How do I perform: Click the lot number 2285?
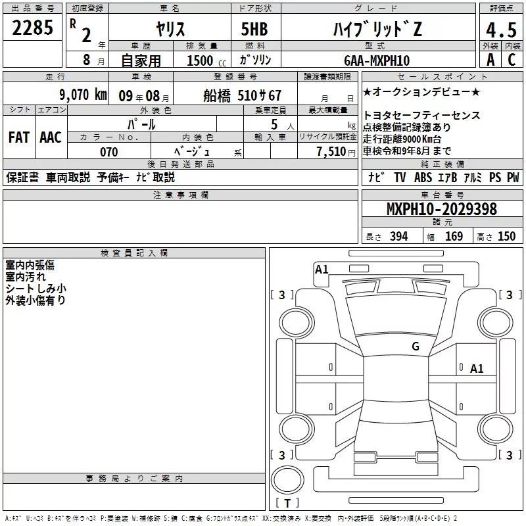32,28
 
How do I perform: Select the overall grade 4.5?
501,30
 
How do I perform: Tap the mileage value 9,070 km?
83,95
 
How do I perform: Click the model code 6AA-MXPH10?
377,60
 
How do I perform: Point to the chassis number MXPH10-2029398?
441,208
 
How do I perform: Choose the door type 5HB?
254,29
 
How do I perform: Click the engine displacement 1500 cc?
206,60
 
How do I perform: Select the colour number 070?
108,152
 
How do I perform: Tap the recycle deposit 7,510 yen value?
336,152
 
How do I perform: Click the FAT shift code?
19,137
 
